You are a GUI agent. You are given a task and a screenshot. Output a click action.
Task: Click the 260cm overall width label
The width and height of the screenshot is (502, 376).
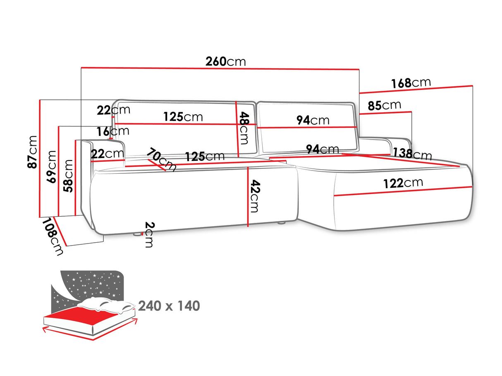pos(225,61)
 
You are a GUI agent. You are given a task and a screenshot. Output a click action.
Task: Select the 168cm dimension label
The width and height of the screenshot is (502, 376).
pos(411,83)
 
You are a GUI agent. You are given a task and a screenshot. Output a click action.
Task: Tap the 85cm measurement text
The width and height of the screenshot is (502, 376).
pos(384,106)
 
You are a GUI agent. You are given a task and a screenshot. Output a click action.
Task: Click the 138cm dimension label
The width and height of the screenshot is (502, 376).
pos(412,154)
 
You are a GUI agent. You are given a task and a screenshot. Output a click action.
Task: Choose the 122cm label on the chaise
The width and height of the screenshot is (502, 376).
pos(403,183)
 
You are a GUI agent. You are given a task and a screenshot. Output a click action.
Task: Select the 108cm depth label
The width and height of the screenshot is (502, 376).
pos(53,237)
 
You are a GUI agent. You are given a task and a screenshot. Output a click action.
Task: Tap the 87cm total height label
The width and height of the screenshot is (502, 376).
pos(32,152)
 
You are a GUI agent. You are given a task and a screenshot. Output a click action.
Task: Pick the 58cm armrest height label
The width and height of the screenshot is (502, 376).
pos(68,176)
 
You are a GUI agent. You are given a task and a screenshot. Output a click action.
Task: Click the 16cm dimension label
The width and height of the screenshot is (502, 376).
pos(113,132)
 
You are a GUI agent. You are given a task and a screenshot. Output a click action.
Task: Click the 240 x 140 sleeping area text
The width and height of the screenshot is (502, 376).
pos(169,306)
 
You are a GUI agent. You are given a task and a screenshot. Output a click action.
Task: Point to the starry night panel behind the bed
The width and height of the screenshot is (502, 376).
pos(89,285)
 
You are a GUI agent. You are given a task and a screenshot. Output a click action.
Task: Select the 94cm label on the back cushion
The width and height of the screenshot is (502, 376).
pos(313,120)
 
